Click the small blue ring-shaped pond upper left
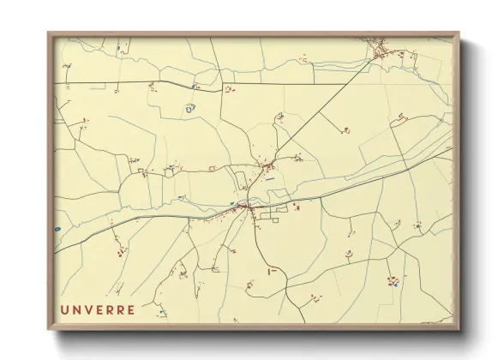[189, 108]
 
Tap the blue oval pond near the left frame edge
[57, 230]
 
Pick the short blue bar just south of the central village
[270, 180]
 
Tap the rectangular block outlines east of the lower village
[273, 215]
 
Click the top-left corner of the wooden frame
[49, 33]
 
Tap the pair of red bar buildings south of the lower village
[273, 271]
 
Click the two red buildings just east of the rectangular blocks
[297, 207]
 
